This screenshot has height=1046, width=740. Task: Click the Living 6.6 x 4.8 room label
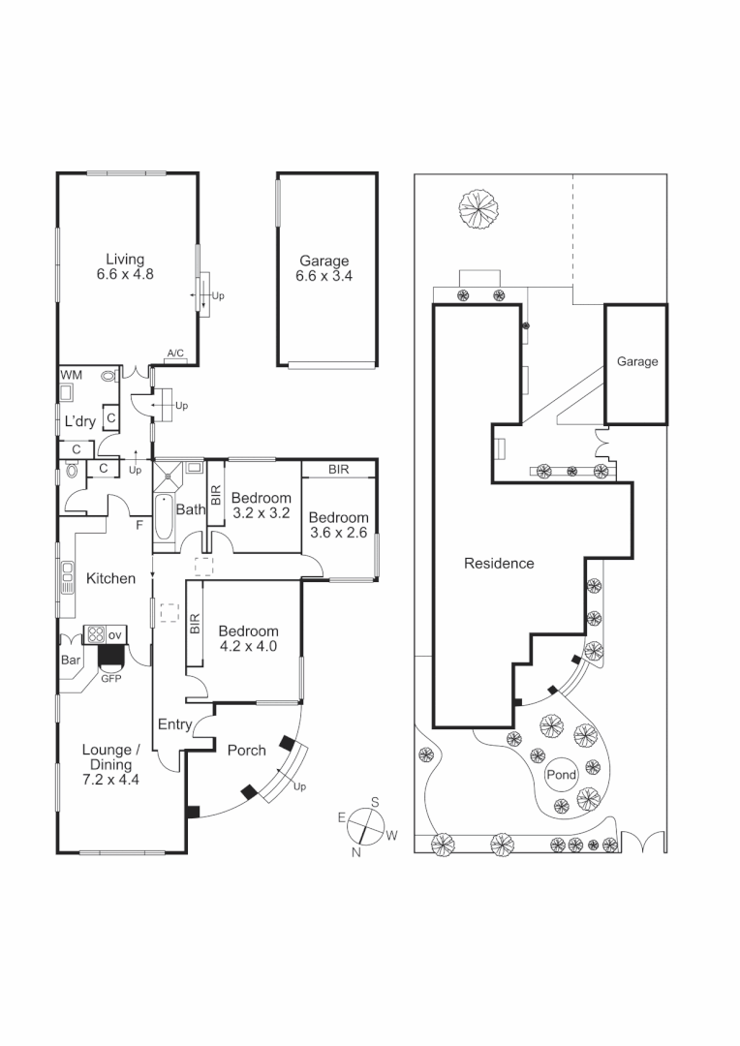point(125,266)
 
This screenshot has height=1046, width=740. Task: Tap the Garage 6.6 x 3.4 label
point(324,268)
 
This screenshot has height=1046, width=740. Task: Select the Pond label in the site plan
point(561,776)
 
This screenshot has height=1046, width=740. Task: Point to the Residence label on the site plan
point(499,563)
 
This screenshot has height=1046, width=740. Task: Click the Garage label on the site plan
point(637,362)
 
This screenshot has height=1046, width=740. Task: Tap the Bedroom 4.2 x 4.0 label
point(248,638)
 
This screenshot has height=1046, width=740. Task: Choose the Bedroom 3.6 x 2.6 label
point(339,525)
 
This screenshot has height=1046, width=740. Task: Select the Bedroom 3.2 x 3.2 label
point(261,507)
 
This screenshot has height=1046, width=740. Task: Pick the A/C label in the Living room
point(175,354)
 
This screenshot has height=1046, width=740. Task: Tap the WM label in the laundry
point(71,375)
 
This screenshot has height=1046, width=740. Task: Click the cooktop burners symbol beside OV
point(96,635)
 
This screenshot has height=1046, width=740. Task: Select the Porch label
point(246,751)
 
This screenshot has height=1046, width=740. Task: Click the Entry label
point(175,724)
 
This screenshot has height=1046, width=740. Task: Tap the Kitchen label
point(111,578)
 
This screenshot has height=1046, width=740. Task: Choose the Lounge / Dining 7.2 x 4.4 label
point(111,763)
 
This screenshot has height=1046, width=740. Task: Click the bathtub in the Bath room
point(164,518)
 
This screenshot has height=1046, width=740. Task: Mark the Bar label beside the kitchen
point(71,662)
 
